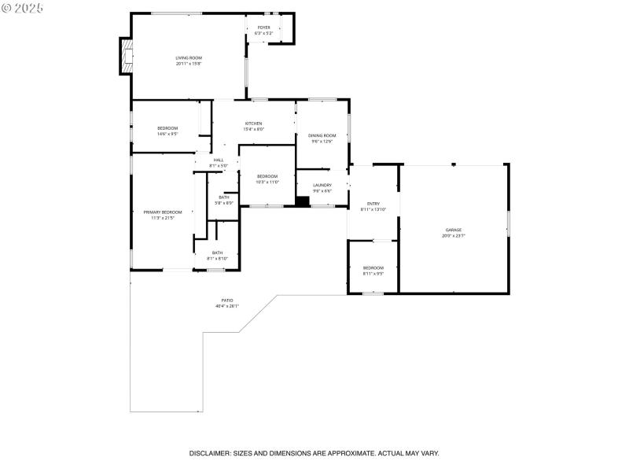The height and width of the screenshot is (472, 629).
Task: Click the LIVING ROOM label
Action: pos(189,57)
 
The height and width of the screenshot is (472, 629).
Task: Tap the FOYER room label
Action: pos(264,28)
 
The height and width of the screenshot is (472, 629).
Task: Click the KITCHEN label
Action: pos(253,124)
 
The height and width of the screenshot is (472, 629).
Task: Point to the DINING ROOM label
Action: pos(322,135)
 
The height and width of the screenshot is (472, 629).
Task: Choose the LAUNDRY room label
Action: pos(322,185)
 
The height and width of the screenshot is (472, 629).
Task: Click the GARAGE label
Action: pos(454,230)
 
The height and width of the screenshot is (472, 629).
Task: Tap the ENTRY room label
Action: pos(373,204)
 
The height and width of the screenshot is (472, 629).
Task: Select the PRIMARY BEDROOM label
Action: pos(162,212)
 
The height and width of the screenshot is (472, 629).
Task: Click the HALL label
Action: pos(218,160)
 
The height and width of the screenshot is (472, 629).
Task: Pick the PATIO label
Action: pos(226,301)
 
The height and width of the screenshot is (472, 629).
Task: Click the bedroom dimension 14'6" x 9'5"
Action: pos(167,135)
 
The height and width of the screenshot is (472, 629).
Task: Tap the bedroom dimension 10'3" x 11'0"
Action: pos(267,183)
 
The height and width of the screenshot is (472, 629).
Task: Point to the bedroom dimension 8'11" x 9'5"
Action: pos(373,274)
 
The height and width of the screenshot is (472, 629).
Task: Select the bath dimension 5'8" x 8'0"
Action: pos(224,203)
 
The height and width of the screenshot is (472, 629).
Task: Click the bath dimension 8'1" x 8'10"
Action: pos(217,259)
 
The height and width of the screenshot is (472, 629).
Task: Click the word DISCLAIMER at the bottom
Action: pos(209,453)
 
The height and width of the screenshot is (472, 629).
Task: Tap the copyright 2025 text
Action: pos(23,7)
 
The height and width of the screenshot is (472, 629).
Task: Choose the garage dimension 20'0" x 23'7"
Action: pos(454,236)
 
